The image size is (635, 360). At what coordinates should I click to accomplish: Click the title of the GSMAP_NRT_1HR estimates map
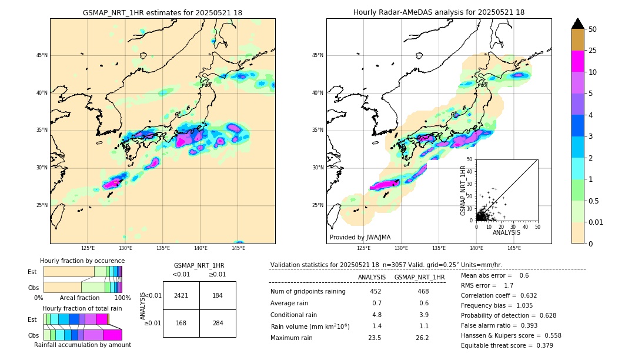pos(162,12)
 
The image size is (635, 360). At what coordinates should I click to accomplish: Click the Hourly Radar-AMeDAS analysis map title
pos(439,12)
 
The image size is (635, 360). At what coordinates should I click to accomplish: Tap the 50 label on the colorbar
pos(593,29)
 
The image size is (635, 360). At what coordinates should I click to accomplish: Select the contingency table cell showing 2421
pos(181,295)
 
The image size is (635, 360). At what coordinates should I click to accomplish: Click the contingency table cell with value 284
pos(218,323)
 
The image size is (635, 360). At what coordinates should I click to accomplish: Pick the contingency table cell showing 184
pos(218,295)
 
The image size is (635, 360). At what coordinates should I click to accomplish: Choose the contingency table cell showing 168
pos(181,323)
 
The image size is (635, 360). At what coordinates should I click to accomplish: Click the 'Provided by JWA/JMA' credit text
pos(360,237)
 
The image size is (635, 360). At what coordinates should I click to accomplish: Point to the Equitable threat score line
pos(507,345)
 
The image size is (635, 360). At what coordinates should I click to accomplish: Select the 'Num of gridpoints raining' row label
pos(308,292)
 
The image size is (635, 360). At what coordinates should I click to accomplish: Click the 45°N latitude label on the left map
pos(42,55)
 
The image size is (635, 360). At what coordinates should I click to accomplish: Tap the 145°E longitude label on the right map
pos(514,248)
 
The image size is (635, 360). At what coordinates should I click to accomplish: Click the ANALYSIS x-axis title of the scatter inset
pos(506,232)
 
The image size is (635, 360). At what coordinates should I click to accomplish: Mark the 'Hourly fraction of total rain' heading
pos(82,308)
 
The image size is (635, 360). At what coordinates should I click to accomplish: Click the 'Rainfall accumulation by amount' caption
pos(82,345)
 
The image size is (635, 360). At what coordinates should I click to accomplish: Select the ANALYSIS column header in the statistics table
pos(372,277)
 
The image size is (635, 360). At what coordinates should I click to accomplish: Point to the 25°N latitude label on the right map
pos(317,205)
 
